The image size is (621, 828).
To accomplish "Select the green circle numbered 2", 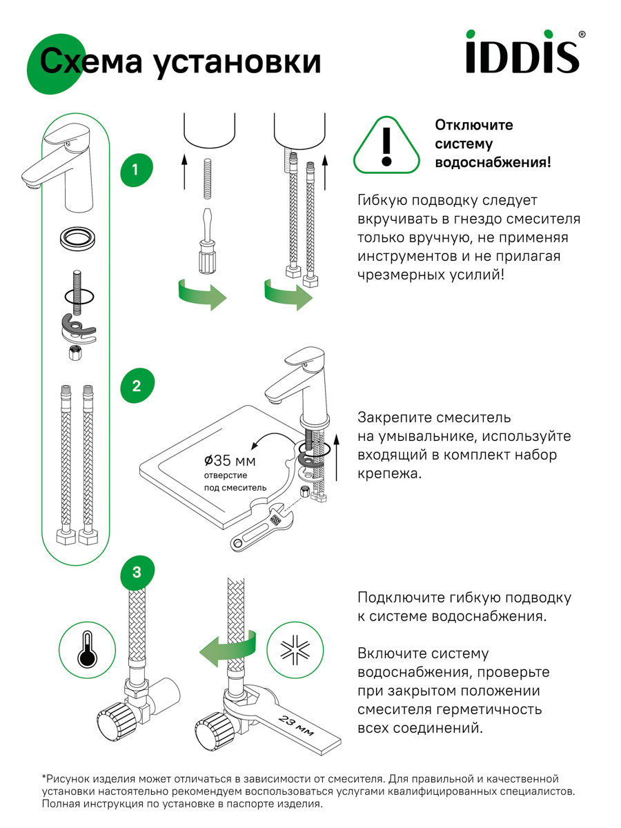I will coord(136,386).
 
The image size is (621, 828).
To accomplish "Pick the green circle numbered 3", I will coord(136,572).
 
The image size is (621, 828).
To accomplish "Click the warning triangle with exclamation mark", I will coord(386,145).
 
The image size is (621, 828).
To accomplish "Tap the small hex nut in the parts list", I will coord(76,354).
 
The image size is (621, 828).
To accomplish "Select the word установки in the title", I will coord(237,62).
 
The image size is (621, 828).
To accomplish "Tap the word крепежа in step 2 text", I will coord(388,475).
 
